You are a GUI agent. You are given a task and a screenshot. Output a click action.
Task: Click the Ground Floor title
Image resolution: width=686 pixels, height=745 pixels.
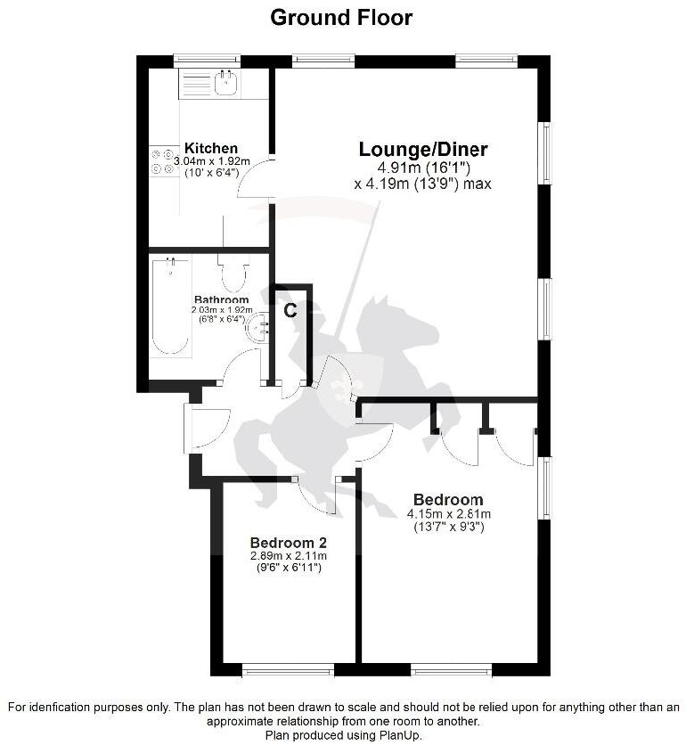pyautogui.click(x=341, y=17)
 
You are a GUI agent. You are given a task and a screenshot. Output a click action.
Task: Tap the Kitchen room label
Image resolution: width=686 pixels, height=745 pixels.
pyautogui.click(x=211, y=148)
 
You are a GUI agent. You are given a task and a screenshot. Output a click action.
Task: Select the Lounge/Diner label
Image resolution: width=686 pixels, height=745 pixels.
pyautogui.click(x=423, y=150)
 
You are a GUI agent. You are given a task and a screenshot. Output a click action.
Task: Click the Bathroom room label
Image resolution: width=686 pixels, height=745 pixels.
pyautogui.click(x=221, y=299)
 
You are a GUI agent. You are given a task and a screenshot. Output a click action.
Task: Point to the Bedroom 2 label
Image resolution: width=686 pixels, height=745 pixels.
pyautogui.click(x=288, y=543)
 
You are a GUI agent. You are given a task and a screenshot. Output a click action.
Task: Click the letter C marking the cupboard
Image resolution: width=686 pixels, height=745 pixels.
pyautogui.click(x=290, y=310)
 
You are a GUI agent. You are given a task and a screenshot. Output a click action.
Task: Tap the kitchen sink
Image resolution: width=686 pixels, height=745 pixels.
pyautogui.click(x=225, y=84)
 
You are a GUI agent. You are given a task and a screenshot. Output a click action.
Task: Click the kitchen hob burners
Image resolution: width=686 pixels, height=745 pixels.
pyautogui.click(x=162, y=161)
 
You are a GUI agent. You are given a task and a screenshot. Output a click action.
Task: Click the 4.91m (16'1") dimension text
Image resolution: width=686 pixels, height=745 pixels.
pyautogui.click(x=424, y=168)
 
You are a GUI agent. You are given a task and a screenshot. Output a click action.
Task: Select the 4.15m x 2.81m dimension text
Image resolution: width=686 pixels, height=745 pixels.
pyautogui.click(x=449, y=514)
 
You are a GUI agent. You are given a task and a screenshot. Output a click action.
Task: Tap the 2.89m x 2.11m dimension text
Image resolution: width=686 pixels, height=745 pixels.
pyautogui.click(x=289, y=556)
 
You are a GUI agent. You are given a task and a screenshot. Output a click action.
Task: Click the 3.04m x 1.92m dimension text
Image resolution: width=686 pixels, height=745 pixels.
pyautogui.click(x=212, y=161)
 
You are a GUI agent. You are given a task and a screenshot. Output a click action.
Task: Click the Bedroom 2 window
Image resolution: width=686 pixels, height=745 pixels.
pyautogui.click(x=288, y=669)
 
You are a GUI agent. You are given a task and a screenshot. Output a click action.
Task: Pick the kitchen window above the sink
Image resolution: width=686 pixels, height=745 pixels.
pyautogui.click(x=207, y=61)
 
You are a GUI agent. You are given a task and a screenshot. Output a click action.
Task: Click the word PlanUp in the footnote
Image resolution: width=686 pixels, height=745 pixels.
pyautogui.click(x=396, y=735)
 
